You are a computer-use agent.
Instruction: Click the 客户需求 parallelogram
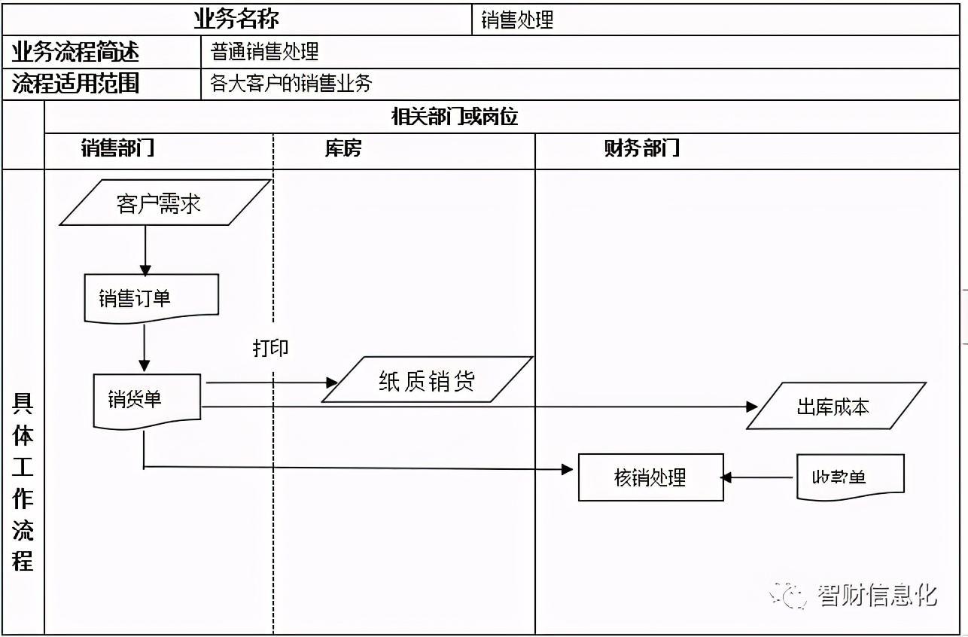coord(165,203)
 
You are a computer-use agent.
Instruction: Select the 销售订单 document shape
coord(151,297)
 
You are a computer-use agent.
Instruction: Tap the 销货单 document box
coord(147,398)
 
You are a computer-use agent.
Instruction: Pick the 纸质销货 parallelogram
coord(427,380)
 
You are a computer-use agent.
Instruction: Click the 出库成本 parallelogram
coord(835,407)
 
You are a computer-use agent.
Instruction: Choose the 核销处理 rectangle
coord(650,477)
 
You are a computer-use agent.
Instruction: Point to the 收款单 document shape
coord(850,477)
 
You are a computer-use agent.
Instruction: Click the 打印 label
coord(270,348)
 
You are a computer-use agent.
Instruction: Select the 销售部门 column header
coord(117,148)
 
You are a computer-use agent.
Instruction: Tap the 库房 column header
coord(343,148)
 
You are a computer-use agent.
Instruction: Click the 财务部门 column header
coord(641,148)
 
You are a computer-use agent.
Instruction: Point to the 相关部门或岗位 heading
coord(455,117)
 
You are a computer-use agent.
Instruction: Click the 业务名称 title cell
coord(236,18)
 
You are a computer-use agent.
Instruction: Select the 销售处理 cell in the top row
coord(517,20)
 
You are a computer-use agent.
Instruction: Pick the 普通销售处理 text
coord(264,51)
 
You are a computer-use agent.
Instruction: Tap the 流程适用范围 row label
coord(76,83)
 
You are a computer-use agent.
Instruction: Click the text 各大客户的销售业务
coord(291,83)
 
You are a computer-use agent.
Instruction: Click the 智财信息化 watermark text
coord(876,595)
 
